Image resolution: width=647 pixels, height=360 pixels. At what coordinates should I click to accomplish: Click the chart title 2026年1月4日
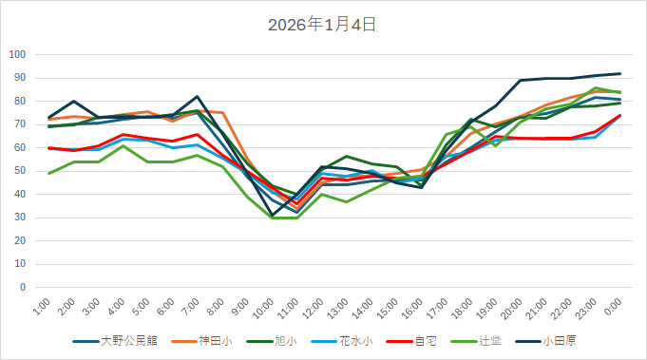click(x=323, y=25)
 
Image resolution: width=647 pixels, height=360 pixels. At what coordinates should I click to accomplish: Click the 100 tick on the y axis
click(x=16, y=54)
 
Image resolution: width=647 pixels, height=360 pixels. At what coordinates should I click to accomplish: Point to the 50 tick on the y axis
click(x=19, y=171)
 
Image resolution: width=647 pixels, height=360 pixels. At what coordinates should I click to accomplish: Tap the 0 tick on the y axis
click(x=22, y=287)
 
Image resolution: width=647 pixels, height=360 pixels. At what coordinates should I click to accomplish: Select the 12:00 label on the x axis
click(x=313, y=308)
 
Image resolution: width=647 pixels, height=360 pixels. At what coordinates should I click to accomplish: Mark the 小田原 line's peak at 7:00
click(x=198, y=97)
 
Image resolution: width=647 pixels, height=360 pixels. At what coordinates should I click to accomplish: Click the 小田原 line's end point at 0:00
click(x=619, y=73)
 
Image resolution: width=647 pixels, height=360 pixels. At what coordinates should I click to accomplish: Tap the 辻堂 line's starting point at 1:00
click(x=49, y=173)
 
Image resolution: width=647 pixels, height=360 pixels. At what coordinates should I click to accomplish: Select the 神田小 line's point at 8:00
click(x=222, y=113)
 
